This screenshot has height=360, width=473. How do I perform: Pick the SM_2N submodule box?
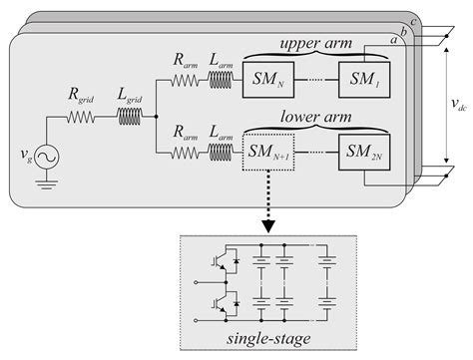(365, 155)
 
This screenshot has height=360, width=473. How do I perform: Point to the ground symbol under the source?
(47, 185)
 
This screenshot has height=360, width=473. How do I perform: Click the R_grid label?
(83, 99)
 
